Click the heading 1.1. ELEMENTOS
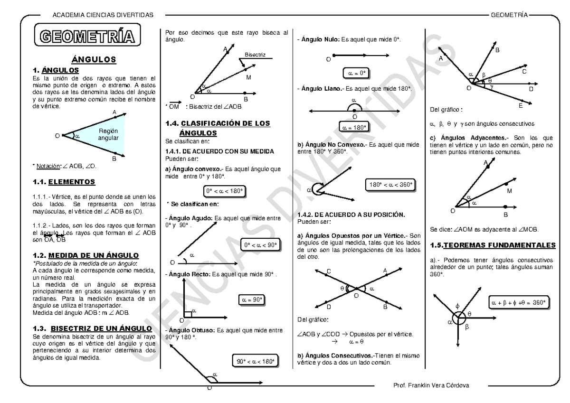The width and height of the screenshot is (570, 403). pos(63,181)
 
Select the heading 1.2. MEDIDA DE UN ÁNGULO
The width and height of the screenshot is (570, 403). pos(86,255)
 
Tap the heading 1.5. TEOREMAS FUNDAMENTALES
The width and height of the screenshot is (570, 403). pos(492,245)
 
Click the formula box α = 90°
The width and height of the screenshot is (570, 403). pos(251,300)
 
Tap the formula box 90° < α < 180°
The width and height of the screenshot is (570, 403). pos(255,361)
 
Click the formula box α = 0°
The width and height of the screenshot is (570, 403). pos(356,73)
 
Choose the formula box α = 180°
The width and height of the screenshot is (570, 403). pos(354,127)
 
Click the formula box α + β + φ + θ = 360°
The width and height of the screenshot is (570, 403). pos(519,302)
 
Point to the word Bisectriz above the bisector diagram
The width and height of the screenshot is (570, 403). pos(255,55)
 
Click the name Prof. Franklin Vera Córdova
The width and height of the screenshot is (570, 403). pos(431,385)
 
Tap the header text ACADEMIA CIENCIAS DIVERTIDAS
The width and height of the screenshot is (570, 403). pos(104,15)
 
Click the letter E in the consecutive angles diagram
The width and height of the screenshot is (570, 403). pos(521,105)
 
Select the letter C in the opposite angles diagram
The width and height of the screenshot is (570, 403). pos(329,271)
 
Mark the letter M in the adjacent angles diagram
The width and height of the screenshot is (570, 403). pos(509,191)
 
